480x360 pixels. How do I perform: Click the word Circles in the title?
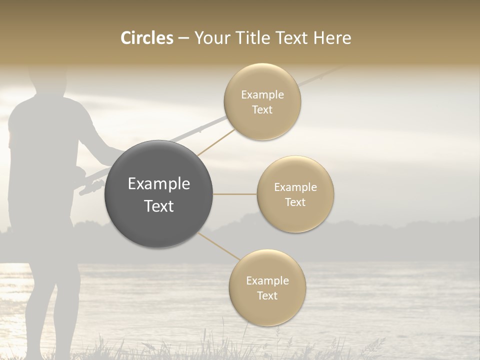[x=147, y=38]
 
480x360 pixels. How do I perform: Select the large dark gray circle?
[x=158, y=194]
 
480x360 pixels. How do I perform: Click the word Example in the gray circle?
[x=158, y=184]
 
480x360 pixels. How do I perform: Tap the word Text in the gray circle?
[x=158, y=206]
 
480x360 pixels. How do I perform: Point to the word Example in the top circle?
[x=262, y=95]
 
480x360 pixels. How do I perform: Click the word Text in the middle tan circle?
[x=295, y=202]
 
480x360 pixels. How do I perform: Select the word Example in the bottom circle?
[x=267, y=281]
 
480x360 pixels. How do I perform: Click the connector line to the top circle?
[x=216, y=141]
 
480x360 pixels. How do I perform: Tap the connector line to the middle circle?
[x=235, y=194]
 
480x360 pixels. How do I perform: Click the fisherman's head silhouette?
[x=47, y=80]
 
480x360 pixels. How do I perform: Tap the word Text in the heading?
[x=289, y=38]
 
